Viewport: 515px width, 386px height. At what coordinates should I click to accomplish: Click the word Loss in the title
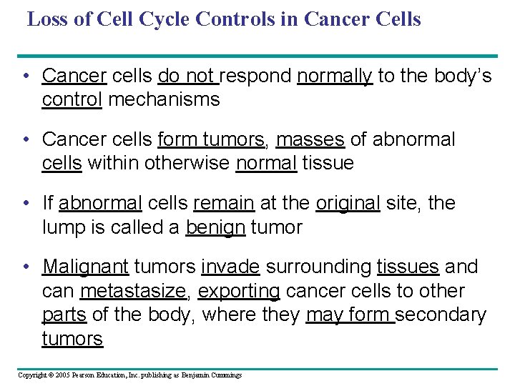pyautogui.click(x=49, y=19)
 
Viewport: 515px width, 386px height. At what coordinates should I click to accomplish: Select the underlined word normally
pyautogui.click(x=335, y=76)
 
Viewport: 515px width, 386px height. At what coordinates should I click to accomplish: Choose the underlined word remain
pyautogui.click(x=223, y=203)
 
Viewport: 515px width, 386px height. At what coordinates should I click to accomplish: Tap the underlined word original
pyautogui.click(x=348, y=203)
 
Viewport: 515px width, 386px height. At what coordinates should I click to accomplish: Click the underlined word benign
pyautogui.click(x=215, y=228)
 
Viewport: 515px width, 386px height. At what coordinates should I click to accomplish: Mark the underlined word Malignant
pyautogui.click(x=85, y=267)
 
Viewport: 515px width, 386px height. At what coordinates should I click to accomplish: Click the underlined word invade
pyautogui.click(x=230, y=267)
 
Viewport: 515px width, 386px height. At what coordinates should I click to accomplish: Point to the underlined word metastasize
pyautogui.click(x=134, y=291)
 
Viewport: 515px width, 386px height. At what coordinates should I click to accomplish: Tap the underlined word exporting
pyautogui.click(x=239, y=291)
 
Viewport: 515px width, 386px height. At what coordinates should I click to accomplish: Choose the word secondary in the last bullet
pyautogui.click(x=441, y=315)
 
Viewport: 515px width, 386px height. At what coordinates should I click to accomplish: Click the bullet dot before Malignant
pyautogui.click(x=26, y=267)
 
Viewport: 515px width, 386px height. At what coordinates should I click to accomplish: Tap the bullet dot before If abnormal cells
pyautogui.click(x=26, y=203)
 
